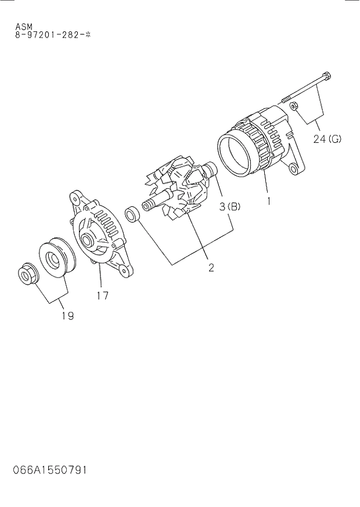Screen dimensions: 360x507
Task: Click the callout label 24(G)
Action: point(327,139)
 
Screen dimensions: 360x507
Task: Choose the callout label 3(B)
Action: point(229,206)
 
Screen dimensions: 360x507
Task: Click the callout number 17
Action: point(102,295)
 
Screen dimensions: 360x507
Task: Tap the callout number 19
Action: point(67,316)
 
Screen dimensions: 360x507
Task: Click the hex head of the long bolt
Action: point(326,76)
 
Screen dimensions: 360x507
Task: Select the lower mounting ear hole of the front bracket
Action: point(123,270)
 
